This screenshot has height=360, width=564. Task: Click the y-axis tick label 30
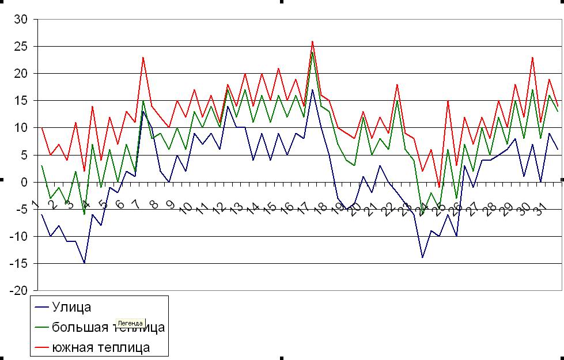pyautogui.click(x=21, y=19)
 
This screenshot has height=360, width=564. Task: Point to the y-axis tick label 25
pyautogui.click(x=21, y=46)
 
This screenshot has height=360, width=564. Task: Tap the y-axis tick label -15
pyautogui.click(x=18, y=264)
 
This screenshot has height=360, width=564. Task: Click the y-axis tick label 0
pyautogui.click(x=24, y=182)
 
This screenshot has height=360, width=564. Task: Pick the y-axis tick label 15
pyautogui.click(x=21, y=100)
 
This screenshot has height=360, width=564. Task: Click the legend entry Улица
pyautogui.click(x=71, y=308)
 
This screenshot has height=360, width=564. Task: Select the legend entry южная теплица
pyautogui.click(x=101, y=347)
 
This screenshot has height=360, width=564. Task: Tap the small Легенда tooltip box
pyautogui.click(x=130, y=323)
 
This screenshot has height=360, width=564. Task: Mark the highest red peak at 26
pyautogui.click(x=312, y=41)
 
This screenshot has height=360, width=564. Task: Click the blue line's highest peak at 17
pyautogui.click(x=312, y=89)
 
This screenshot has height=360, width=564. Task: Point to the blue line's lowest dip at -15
pyautogui.click(x=85, y=263)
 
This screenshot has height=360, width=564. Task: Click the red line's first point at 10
pyautogui.click(x=42, y=127)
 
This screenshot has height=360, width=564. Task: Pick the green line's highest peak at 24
pyautogui.click(x=312, y=52)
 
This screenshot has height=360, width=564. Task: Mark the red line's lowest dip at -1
pyautogui.click(x=439, y=187)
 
